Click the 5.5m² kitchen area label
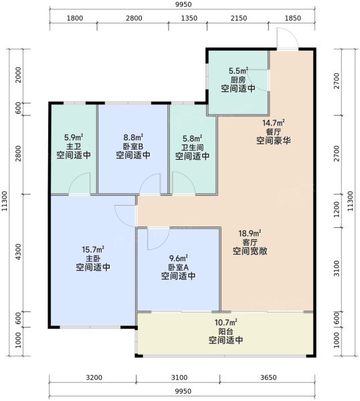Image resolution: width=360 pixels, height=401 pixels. pyautogui.click(x=238, y=71)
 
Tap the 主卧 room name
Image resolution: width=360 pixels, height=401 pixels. pyautogui.click(x=93, y=258)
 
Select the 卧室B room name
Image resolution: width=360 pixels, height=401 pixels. pyautogui.click(x=133, y=146)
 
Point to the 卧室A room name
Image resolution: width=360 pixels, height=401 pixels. pyautogui.click(x=179, y=267)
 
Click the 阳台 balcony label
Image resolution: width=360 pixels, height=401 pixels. pyautogui.click(x=226, y=331)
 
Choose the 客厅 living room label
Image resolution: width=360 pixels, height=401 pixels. pyautogui.click(x=250, y=242)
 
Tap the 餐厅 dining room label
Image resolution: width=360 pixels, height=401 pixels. pyautogui.click(x=274, y=132)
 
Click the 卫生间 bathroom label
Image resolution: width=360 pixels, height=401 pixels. pyautogui.click(x=193, y=148)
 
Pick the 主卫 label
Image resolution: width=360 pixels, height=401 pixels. pyautogui.click(x=74, y=146)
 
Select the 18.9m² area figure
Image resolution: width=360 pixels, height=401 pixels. pyautogui.click(x=250, y=233)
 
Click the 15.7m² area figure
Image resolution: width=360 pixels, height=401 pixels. pyautogui.click(x=93, y=249)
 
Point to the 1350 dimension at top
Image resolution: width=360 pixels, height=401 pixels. pyautogui.click(x=189, y=18)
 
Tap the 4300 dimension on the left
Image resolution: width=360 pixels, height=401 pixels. pyautogui.click(x=18, y=252)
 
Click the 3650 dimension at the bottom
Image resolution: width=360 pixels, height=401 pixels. pyautogui.click(x=268, y=378)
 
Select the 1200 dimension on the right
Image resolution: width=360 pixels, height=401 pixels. pyautogui.click(x=337, y=210)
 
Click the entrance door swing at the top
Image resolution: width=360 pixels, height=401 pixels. pyautogui.click(x=287, y=38)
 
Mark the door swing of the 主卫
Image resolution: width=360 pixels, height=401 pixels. pyautogui.click(x=80, y=183)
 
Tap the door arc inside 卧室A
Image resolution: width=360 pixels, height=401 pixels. pyautogui.click(x=158, y=239)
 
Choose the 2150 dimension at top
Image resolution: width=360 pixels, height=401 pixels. pyautogui.click(x=239, y=18)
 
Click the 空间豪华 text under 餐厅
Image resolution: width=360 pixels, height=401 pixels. pyautogui.click(x=274, y=140)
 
